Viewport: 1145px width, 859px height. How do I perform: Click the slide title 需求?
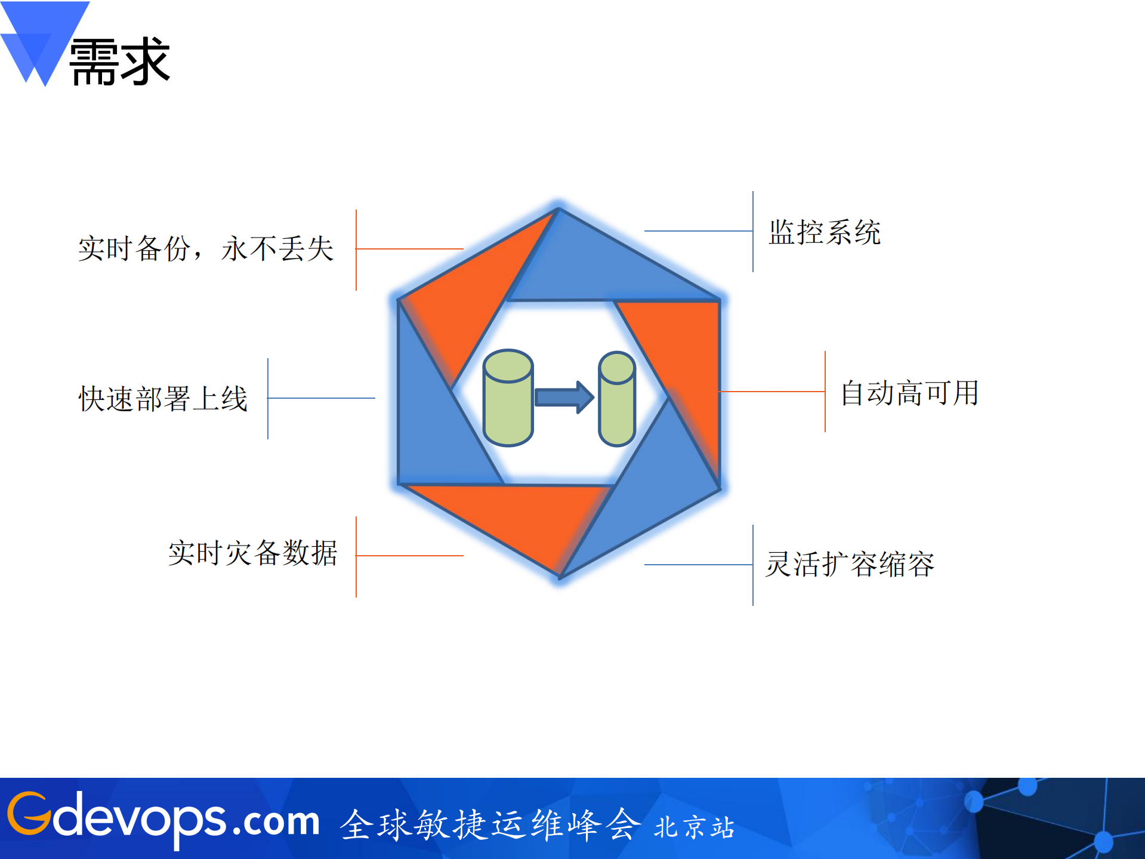(x=119, y=61)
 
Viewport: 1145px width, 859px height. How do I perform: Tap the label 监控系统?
(x=825, y=232)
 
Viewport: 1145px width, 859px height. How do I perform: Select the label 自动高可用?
(x=909, y=393)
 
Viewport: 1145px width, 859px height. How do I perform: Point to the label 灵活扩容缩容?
(x=850, y=564)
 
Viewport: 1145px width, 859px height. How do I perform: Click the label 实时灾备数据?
(x=253, y=553)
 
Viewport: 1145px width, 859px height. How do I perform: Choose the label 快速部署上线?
(x=163, y=399)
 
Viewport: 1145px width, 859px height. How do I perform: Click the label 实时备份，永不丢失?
(x=205, y=248)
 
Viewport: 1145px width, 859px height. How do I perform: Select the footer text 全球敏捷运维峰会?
(x=489, y=824)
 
